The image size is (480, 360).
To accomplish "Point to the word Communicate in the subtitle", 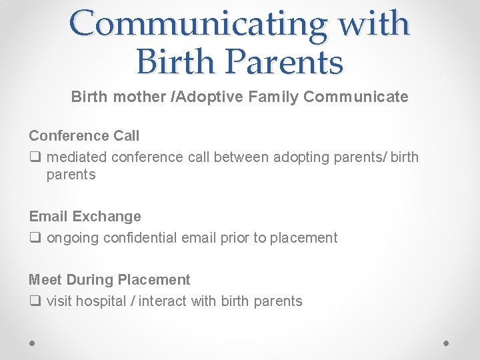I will pyautogui.click(x=355, y=97).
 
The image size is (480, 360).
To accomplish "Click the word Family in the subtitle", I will pyautogui.click(x=275, y=97).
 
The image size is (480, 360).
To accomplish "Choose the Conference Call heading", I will pyautogui.click(x=84, y=136).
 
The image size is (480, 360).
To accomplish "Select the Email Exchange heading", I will pyautogui.click(x=85, y=217).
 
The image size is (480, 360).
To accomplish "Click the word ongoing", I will pyautogui.click(x=73, y=238).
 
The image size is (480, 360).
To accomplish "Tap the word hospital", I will pyautogui.click(x=101, y=301).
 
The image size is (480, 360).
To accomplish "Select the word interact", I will pyautogui.click(x=164, y=301).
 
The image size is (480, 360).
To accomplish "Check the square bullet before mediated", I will pyautogui.click(x=34, y=158).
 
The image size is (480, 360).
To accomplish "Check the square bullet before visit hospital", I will pyautogui.click(x=34, y=301).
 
